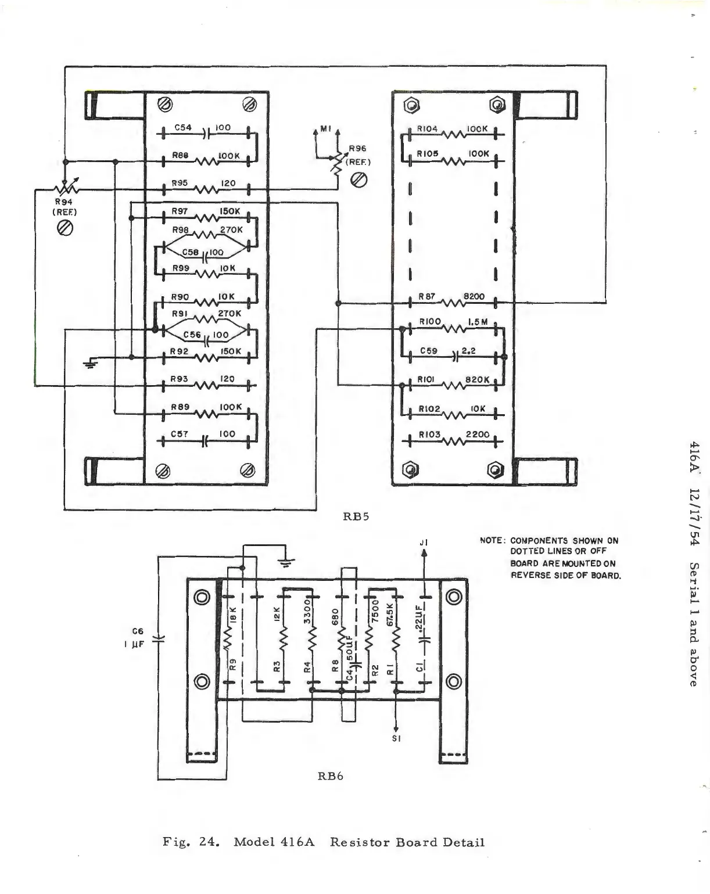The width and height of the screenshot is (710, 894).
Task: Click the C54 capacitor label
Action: (183, 127)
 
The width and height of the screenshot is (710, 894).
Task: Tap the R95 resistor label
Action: (180, 183)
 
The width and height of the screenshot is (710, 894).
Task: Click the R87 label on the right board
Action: (427, 296)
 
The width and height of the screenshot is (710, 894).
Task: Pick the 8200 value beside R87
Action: (474, 296)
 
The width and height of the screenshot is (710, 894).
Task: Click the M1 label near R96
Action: (325, 129)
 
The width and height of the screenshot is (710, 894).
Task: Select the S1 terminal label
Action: (396, 739)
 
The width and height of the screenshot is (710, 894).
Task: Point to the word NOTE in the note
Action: (491, 541)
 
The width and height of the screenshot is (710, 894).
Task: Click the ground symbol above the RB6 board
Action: (286, 561)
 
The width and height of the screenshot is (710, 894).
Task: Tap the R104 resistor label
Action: (427, 129)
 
